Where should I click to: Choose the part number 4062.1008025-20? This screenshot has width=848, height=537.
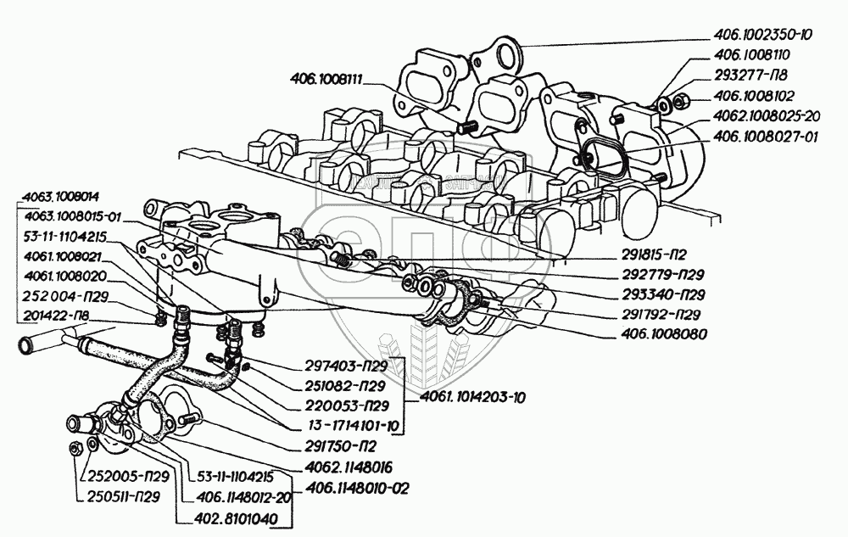pos(766,115)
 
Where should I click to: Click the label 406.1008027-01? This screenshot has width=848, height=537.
pos(762,135)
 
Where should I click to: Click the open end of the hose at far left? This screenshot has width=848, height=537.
pos(22,344)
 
